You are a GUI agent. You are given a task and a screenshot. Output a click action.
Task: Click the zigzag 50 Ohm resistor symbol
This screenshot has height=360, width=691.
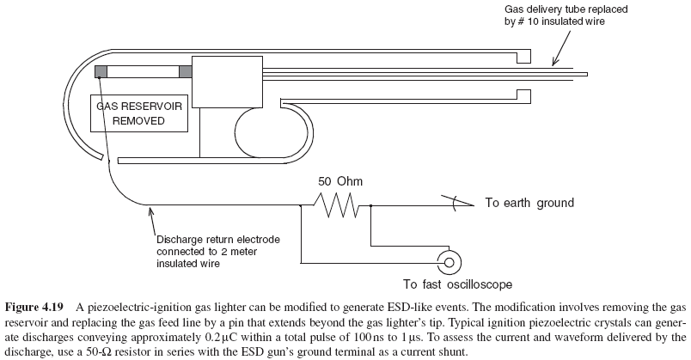click(x=334, y=204)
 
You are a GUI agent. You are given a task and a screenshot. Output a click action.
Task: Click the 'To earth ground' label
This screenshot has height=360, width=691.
click(x=529, y=204)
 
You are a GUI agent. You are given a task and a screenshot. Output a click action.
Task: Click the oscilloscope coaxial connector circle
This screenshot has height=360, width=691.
click(x=446, y=260)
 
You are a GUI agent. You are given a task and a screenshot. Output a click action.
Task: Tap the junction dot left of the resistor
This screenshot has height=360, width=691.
click(x=299, y=205)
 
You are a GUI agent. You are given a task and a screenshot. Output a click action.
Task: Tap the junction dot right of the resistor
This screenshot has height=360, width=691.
click(x=370, y=205)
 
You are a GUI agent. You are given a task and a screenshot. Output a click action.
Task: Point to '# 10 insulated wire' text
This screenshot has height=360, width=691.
click(x=554, y=21)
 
